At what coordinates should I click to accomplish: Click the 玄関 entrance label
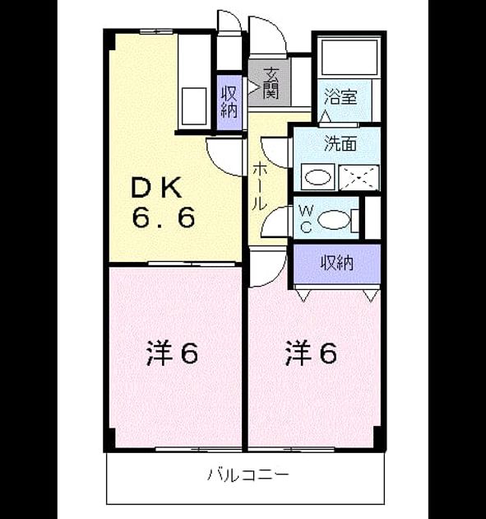click(271, 83)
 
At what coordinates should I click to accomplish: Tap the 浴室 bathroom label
click(340, 96)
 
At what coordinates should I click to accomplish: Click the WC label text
click(306, 218)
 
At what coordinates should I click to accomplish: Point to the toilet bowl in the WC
click(333, 220)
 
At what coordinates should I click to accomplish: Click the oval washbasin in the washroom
click(318, 177)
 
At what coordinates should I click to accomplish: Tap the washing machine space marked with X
click(359, 177)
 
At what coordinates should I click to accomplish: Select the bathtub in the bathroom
click(349, 58)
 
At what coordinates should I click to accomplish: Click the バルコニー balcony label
click(248, 475)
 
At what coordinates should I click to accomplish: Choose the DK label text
click(156, 188)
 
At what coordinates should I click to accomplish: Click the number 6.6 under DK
click(163, 217)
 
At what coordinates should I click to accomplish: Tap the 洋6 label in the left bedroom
click(172, 353)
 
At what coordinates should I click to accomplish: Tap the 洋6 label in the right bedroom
click(311, 353)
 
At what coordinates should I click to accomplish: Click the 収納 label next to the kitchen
click(229, 102)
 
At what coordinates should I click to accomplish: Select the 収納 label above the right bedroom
click(337, 263)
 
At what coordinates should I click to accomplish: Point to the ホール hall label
click(260, 185)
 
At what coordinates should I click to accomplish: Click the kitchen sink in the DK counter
click(194, 106)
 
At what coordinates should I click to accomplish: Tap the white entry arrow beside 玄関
click(253, 86)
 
